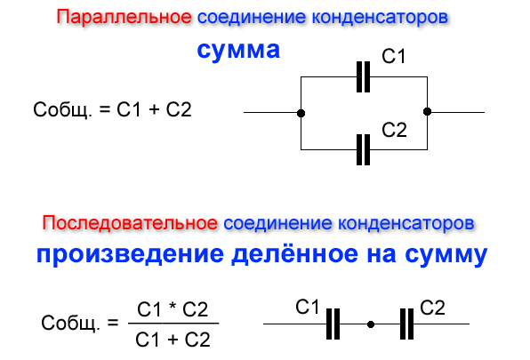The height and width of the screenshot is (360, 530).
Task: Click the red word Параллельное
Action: (x=124, y=17)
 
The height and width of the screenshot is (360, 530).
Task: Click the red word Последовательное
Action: (x=130, y=223)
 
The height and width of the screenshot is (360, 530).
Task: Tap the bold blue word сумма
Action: (x=238, y=50)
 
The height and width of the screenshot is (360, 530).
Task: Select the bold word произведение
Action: (x=130, y=254)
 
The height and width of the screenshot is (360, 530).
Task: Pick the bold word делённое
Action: (x=294, y=253)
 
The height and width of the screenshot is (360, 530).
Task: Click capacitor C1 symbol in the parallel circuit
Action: (x=364, y=76)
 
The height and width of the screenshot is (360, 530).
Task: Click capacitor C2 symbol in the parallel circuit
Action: (x=364, y=149)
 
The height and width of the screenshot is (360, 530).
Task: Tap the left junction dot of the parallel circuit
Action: (x=301, y=113)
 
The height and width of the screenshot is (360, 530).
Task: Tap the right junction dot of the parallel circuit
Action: (x=427, y=111)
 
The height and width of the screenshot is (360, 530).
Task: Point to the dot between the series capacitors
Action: (x=371, y=324)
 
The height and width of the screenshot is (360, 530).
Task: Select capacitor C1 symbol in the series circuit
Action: (x=333, y=324)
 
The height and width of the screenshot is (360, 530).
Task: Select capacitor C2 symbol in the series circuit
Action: (x=406, y=324)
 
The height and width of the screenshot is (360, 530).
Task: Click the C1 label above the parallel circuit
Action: (x=393, y=56)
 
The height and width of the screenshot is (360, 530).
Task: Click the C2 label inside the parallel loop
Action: (x=394, y=130)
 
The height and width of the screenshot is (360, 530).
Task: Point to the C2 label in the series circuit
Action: (x=432, y=308)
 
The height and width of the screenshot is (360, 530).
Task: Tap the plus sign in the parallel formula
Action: (x=154, y=109)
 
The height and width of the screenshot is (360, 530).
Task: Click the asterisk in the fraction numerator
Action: (x=172, y=307)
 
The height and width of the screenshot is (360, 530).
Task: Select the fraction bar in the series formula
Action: (x=173, y=324)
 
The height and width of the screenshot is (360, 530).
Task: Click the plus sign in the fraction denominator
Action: (x=173, y=340)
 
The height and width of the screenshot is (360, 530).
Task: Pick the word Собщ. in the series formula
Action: (x=70, y=323)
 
